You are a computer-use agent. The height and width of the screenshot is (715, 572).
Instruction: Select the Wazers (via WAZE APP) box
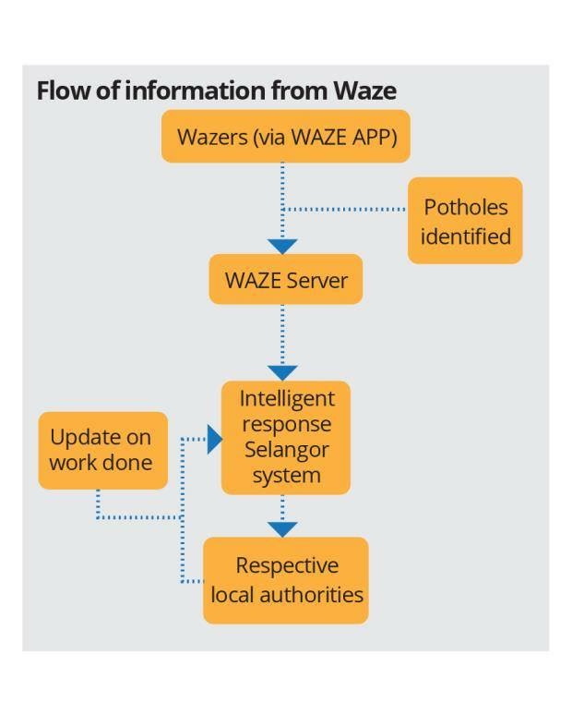pos(285,137)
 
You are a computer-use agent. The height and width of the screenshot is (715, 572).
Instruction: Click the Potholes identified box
pos(465,221)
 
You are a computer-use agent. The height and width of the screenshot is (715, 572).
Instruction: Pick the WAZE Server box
pos(285,279)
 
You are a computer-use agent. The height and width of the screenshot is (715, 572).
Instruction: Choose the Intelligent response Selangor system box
pos(285,437)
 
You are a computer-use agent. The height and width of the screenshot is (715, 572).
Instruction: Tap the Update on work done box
pos(102,450)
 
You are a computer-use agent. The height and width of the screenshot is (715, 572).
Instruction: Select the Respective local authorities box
pos(286,579)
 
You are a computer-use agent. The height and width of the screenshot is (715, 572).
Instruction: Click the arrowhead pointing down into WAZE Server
pos(282,247)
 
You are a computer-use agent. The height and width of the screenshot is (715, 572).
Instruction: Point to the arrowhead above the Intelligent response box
pos(282,371)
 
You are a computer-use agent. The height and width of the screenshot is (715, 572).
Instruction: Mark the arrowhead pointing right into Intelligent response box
pos(214,440)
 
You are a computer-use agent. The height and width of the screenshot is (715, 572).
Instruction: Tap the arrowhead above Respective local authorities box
pos(282,529)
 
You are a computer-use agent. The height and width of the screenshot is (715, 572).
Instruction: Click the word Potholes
pos(465,208)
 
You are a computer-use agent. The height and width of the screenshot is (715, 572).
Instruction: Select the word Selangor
pos(286,450)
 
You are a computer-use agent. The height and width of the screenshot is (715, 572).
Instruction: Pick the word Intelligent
pos(286,399)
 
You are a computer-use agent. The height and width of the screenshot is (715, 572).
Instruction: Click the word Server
pos(317,280)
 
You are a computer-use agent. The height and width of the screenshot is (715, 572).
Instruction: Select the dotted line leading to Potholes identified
pos(346,210)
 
